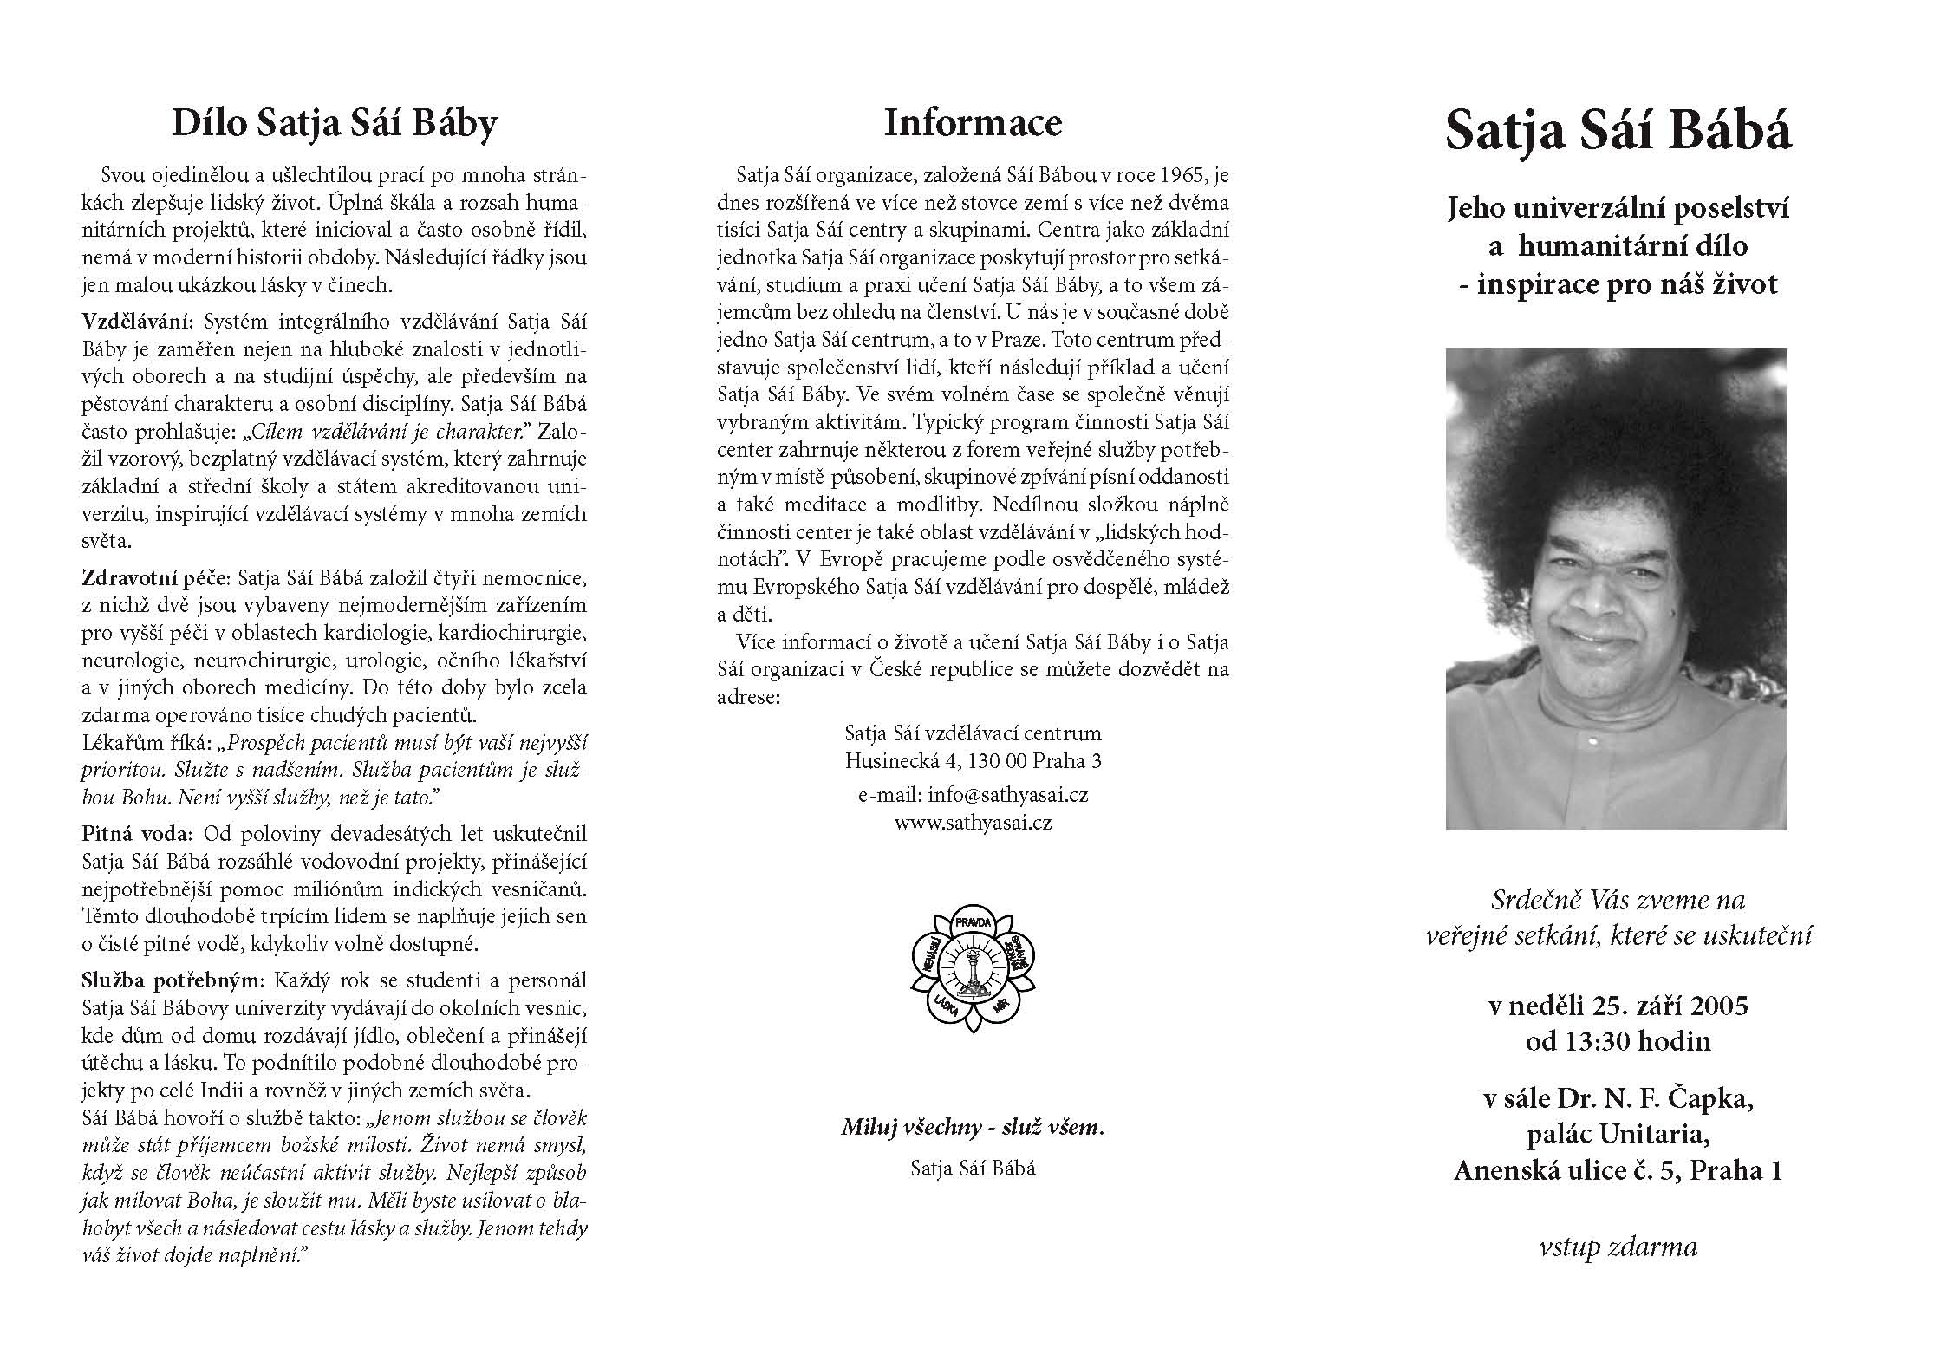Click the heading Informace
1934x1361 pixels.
coord(973,122)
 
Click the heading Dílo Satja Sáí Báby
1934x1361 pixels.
coord(335,123)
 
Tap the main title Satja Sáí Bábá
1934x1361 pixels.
coord(1618,131)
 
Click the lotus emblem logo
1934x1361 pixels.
coord(973,968)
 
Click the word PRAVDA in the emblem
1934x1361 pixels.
coord(973,922)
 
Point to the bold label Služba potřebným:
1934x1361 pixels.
coord(173,980)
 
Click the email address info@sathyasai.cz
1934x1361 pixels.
coord(1007,795)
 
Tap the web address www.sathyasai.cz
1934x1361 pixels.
coord(973,823)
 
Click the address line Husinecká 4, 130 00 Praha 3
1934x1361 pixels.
coord(973,761)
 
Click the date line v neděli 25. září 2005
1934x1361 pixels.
coord(1618,1006)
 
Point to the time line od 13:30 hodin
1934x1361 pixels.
coord(1618,1040)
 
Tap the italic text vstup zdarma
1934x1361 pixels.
coord(1618,1247)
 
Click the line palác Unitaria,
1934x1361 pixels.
coord(1618,1135)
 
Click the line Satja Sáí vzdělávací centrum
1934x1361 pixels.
coord(973,733)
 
